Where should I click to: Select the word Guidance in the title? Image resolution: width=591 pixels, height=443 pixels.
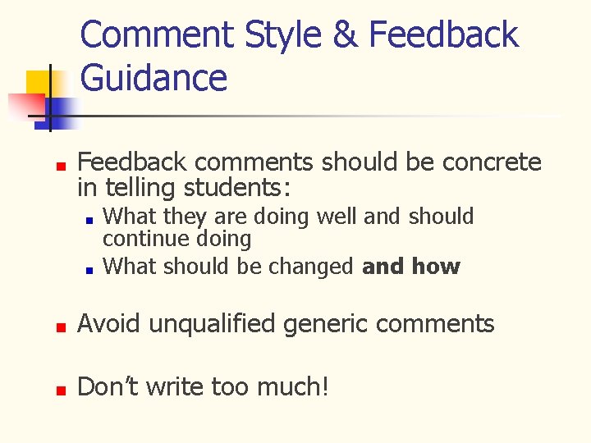154,78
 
